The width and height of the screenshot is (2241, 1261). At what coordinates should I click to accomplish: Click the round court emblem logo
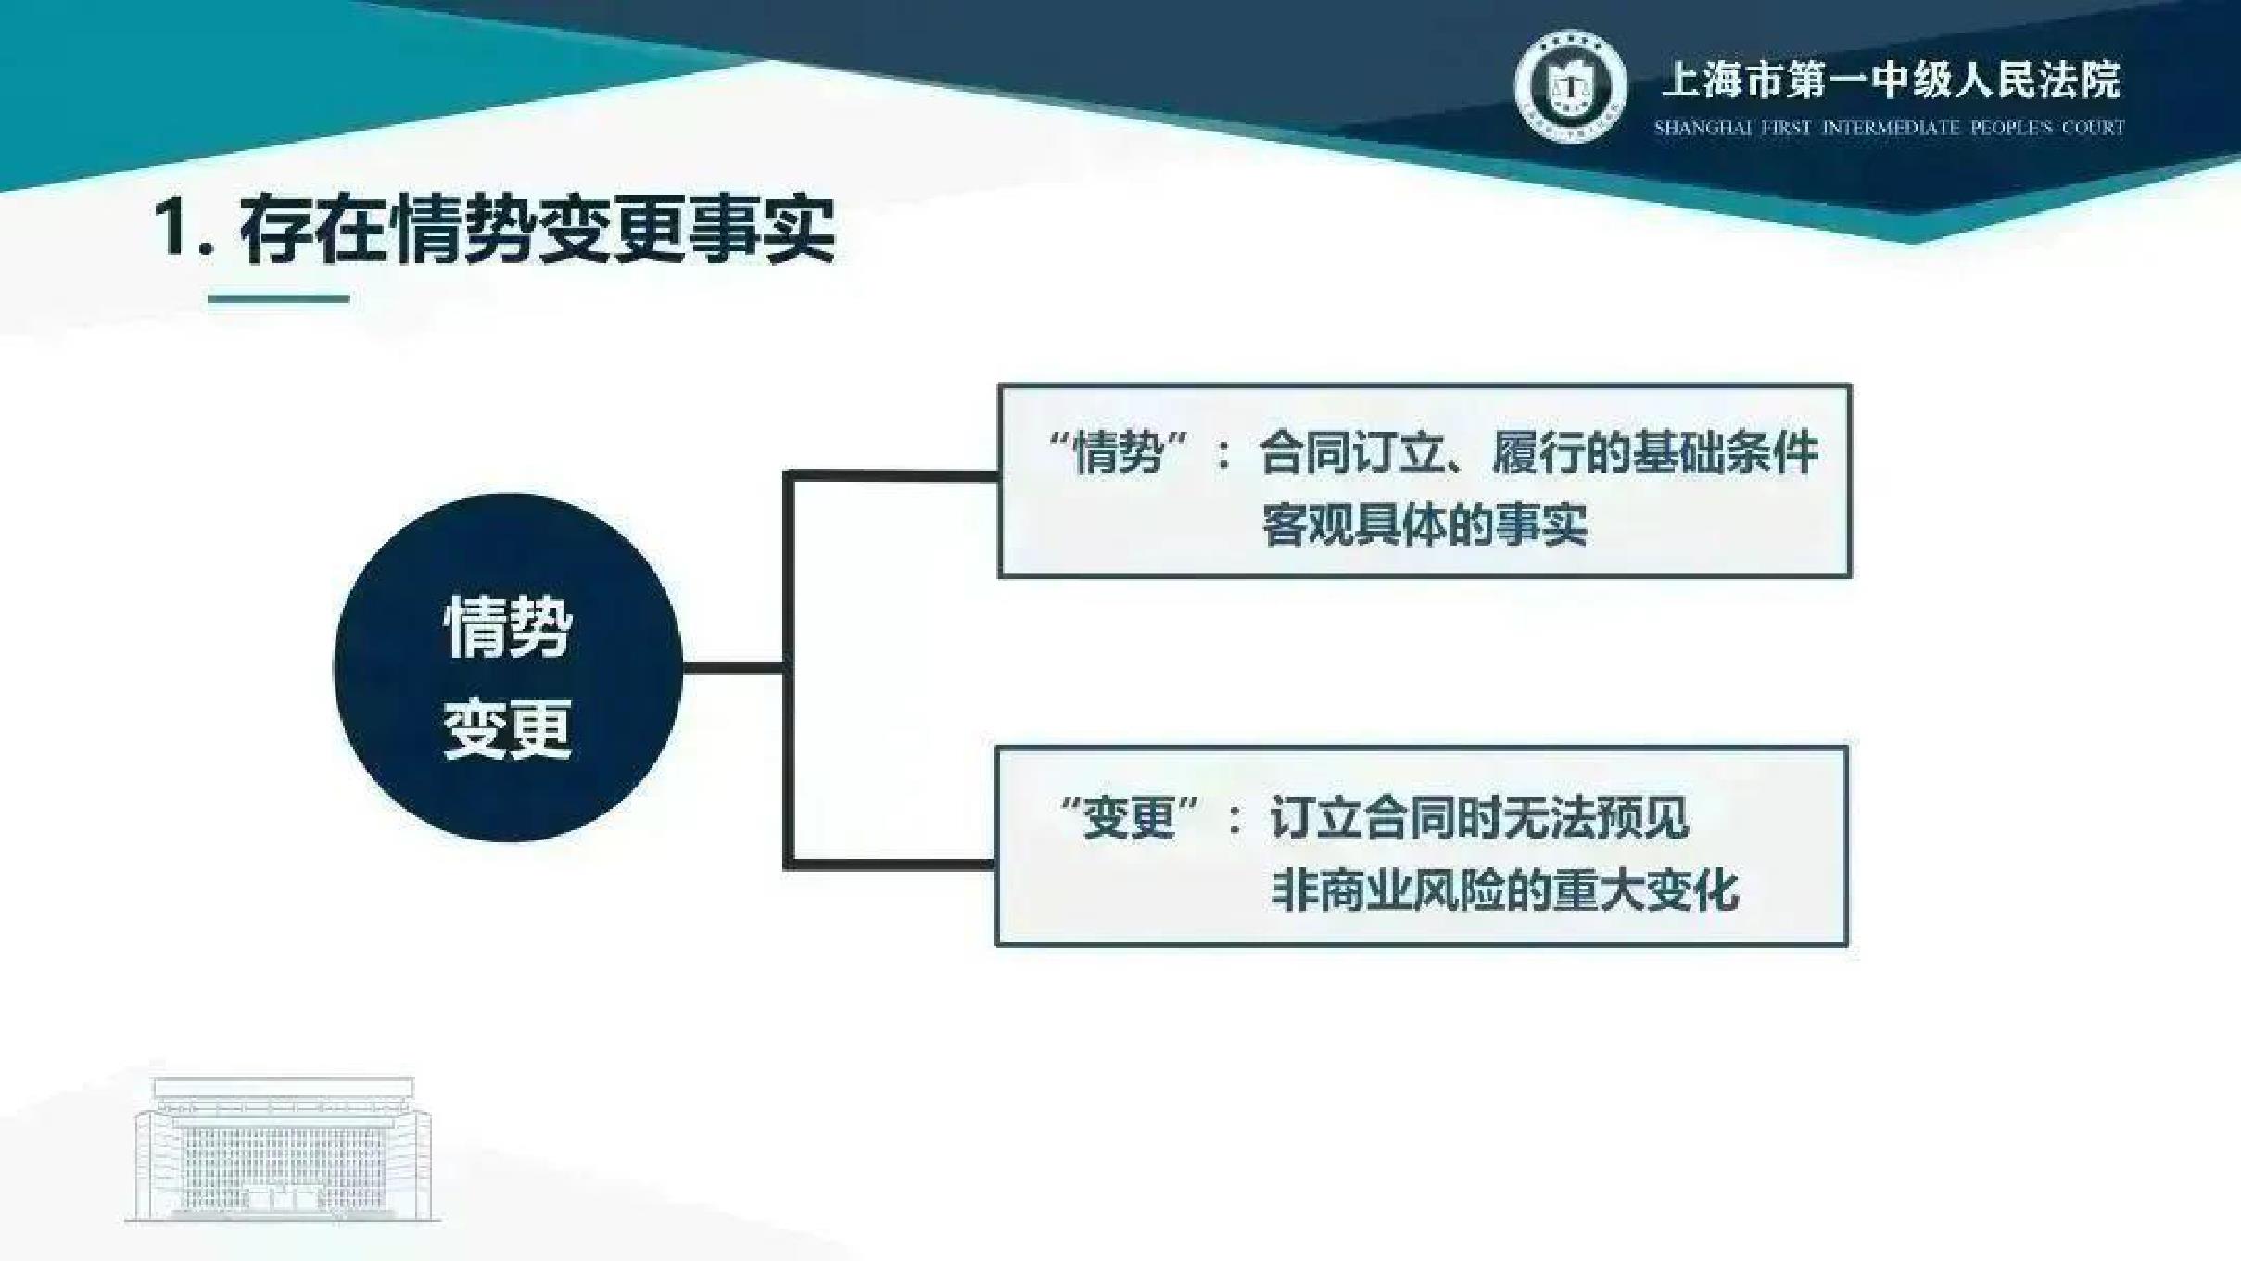click(1570, 86)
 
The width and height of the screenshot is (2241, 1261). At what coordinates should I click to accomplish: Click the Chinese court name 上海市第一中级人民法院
click(1892, 80)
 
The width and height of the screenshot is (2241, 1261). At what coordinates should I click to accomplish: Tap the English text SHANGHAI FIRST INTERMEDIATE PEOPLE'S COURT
click(1890, 128)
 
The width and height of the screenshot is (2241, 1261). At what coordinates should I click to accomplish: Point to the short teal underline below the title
click(278, 298)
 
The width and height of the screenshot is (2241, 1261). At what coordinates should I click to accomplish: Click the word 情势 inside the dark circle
click(508, 626)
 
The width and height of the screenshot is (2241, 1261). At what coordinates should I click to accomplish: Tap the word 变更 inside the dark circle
click(508, 728)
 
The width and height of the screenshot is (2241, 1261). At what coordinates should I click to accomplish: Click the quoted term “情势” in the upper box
click(1119, 453)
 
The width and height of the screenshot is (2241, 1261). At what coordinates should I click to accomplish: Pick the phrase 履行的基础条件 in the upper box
click(1655, 453)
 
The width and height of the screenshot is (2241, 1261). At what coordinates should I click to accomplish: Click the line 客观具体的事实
click(1424, 525)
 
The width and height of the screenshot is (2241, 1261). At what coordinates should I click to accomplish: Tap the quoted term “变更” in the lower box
click(1130, 817)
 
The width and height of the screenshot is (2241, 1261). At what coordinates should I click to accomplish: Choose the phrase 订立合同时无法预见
click(1479, 817)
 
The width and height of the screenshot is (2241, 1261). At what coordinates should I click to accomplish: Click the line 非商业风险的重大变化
click(1504, 890)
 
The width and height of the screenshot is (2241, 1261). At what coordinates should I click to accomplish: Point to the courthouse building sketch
click(283, 1149)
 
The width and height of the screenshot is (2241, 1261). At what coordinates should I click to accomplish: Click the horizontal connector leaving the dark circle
click(733, 667)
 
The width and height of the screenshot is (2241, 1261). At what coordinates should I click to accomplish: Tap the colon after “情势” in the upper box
click(1224, 455)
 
